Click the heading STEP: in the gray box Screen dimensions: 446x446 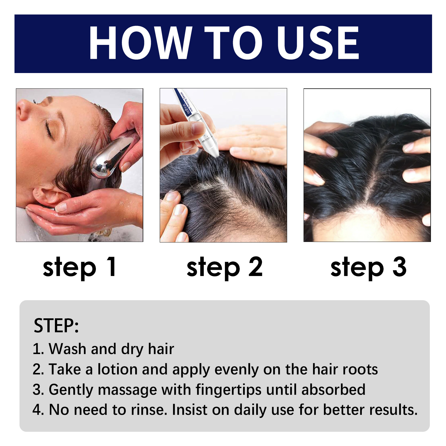click(56, 325)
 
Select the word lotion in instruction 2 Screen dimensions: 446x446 click(117, 369)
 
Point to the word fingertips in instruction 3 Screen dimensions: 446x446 click(228, 390)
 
